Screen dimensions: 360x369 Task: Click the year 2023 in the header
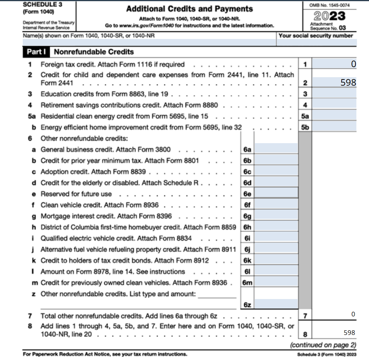[x=329, y=16]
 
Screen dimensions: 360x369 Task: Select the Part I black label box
[x=37, y=52]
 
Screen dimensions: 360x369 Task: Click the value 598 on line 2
[x=348, y=82]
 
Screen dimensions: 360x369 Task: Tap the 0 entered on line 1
[x=354, y=64]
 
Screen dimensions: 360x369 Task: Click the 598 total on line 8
[x=349, y=332]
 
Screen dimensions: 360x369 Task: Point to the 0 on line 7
[x=353, y=315]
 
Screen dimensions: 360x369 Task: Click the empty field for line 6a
[x=276, y=149]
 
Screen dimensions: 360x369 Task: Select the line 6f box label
[x=247, y=205]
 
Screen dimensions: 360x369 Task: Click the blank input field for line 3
[x=334, y=94]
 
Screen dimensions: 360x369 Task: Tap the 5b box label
[x=305, y=127]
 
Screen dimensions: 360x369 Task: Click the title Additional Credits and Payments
[x=189, y=9]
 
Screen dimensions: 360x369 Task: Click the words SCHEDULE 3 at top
[x=43, y=5]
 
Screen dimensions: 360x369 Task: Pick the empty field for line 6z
[x=276, y=305]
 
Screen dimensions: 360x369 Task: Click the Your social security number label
[x=315, y=35]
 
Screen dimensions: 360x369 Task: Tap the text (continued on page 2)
[x=323, y=345]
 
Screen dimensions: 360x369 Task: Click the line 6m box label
[x=247, y=283]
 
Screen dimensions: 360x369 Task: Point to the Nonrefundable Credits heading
[x=94, y=52]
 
